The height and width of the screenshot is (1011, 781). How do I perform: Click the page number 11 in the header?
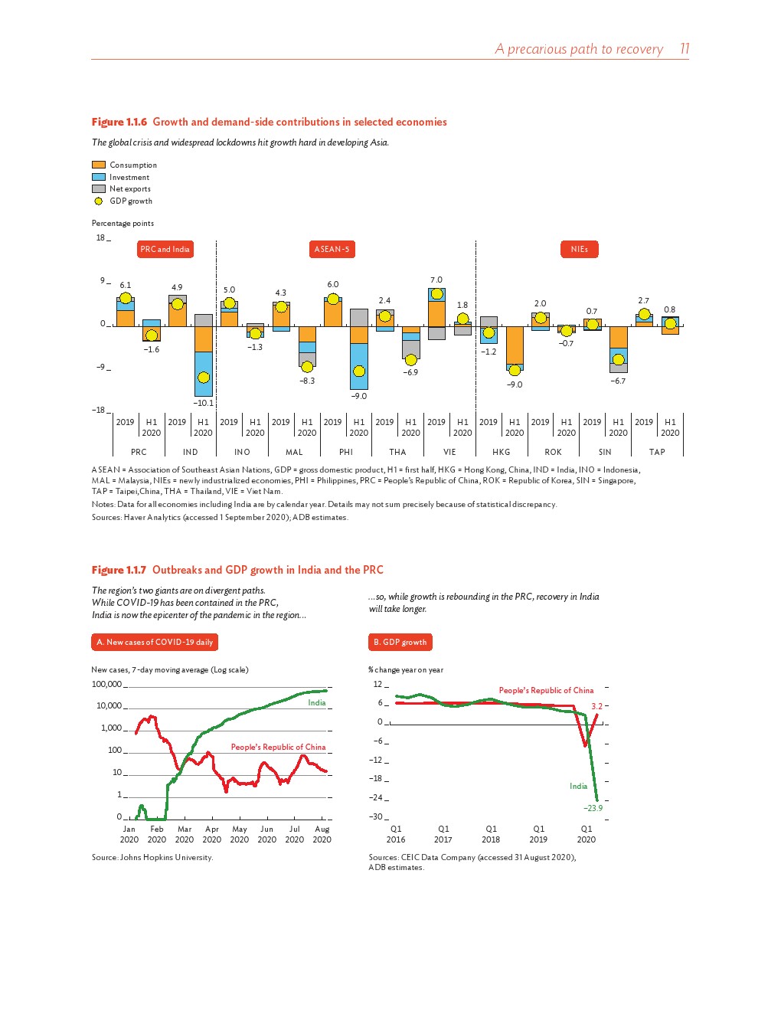click(x=685, y=49)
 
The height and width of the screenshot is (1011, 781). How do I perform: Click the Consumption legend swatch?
click(x=98, y=165)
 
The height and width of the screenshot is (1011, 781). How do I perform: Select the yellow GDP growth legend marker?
click(x=98, y=201)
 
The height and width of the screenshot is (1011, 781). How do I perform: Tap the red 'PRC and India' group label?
click(x=165, y=249)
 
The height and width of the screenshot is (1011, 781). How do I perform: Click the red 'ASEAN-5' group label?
click(x=332, y=249)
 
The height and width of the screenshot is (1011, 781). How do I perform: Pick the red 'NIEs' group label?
click(x=579, y=249)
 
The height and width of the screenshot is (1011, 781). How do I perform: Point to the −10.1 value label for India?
click(x=203, y=403)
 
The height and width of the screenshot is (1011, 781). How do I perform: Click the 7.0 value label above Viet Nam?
click(x=436, y=280)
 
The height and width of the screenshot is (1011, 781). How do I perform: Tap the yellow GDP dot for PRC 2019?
click(x=126, y=298)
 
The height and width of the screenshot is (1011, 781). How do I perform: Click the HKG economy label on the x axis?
click(x=502, y=452)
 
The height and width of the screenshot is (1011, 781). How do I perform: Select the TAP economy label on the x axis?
click(x=657, y=452)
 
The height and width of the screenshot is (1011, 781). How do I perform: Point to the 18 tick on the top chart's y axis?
click(x=100, y=237)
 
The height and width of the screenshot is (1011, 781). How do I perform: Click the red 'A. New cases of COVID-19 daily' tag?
click(x=155, y=642)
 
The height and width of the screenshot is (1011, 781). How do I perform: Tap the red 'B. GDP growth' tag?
click(x=400, y=642)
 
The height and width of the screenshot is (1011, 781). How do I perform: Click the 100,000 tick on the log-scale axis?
click(x=106, y=684)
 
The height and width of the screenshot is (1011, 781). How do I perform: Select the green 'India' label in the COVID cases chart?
click(x=317, y=702)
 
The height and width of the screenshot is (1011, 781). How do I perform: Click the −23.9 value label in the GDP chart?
click(x=593, y=808)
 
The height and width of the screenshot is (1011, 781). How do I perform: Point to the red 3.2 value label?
click(x=597, y=706)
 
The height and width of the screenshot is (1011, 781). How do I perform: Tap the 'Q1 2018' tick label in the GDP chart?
click(x=491, y=834)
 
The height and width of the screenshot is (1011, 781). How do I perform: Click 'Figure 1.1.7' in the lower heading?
click(x=119, y=570)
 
